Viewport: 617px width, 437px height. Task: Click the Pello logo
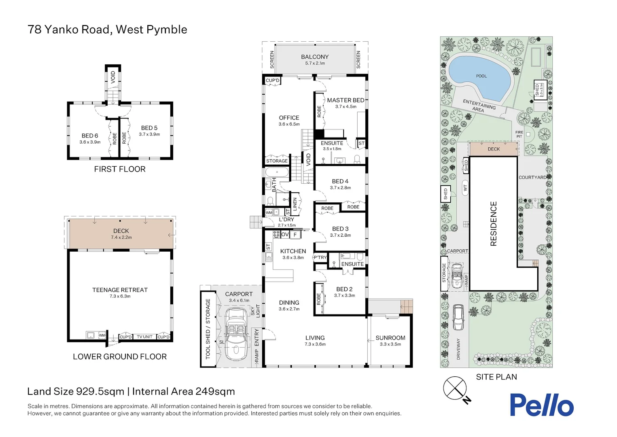coord(542,405)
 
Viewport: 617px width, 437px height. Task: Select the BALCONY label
coord(314,57)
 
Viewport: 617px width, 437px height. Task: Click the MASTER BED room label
coord(346,100)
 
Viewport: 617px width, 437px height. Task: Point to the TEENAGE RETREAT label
coord(120,290)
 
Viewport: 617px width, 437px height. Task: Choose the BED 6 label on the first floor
coord(90,136)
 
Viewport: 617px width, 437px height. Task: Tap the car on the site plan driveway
coord(458,317)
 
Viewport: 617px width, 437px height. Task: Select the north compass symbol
coord(457,390)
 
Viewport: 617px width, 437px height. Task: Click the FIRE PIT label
coord(519,134)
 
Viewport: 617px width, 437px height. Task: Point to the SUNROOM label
coord(390,338)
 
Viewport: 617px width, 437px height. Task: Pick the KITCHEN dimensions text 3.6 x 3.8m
coord(293,258)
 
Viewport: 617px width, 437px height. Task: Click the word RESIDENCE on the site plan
coord(493,223)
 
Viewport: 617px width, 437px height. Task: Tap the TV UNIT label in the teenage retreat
coord(144,337)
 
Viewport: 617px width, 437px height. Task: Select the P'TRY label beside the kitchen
coord(320,257)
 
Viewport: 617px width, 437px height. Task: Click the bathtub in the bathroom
coord(277,172)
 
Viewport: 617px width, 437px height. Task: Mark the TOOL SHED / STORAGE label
coord(208,329)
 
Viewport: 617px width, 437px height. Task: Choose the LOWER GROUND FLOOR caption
coord(120,356)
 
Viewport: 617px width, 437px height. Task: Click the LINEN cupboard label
coord(295,204)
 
